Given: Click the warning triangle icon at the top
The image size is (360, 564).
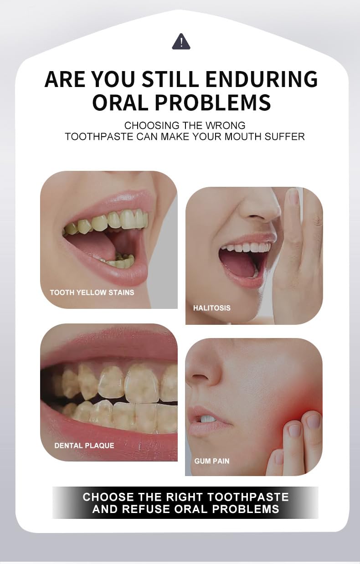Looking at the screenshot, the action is click(181, 42).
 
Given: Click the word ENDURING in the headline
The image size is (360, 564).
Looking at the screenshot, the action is click(262, 79).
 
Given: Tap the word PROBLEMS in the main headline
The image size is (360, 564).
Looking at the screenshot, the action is click(213, 102).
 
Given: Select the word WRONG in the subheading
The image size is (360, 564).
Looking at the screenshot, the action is click(225, 125).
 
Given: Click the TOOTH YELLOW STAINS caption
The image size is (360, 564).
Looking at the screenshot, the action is click(92, 292).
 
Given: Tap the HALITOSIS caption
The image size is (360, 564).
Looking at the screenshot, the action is click(211, 308).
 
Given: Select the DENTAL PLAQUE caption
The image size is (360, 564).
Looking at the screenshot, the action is click(84, 446).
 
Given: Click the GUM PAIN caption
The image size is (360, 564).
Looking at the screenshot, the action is click(212, 461).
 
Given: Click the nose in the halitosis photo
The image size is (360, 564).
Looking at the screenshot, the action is click(257, 205).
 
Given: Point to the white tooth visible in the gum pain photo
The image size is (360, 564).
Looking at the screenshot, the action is click(208, 419).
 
